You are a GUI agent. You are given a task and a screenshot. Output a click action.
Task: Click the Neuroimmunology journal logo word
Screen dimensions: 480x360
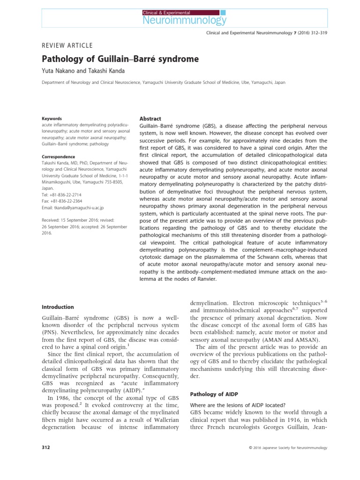pyautogui.click(x=184, y=20)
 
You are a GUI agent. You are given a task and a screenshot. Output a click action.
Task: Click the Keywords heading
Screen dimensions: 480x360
pyautogui.click(x=52, y=119)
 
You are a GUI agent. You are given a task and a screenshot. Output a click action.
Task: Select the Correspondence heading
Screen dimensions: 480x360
pyautogui.click(x=59, y=157)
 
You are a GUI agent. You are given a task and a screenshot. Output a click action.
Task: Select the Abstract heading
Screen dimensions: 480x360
pyautogui.click(x=150, y=119)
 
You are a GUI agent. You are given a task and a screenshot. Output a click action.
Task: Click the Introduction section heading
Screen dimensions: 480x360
pyautogui.click(x=58, y=307)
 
